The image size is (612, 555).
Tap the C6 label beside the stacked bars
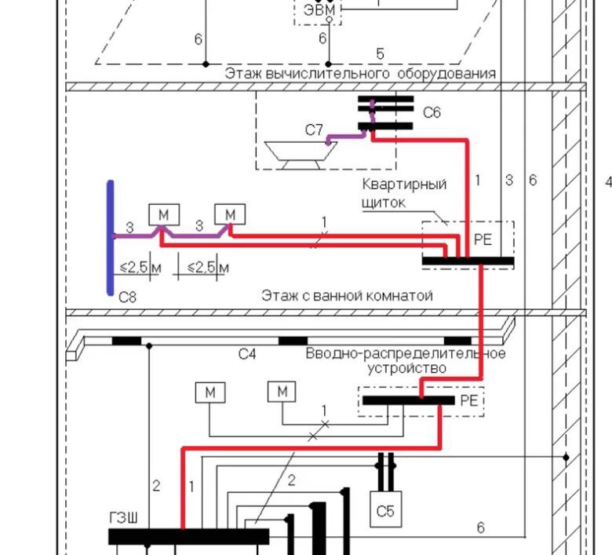coord(432,112)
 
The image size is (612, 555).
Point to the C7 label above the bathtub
coord(314,130)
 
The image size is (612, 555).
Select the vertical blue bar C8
coord(111,238)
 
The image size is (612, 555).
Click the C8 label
coord(127,298)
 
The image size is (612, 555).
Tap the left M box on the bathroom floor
coord(164,214)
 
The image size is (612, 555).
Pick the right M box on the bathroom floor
coord(230,214)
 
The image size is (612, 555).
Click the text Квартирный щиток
coord(404,193)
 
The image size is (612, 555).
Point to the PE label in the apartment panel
coord(483,239)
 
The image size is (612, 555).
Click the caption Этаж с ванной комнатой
coord(347,295)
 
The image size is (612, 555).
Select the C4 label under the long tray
coord(247,354)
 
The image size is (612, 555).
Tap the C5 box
coord(385,509)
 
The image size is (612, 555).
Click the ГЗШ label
coord(123,519)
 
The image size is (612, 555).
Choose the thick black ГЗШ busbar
coord(188,536)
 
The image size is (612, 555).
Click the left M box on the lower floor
coord(210,393)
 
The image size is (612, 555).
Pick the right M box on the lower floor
coord(282,392)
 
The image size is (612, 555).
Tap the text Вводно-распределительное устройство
coord(406,360)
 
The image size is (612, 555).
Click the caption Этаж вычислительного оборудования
coord(360,74)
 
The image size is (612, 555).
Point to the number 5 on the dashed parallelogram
coord(381,54)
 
